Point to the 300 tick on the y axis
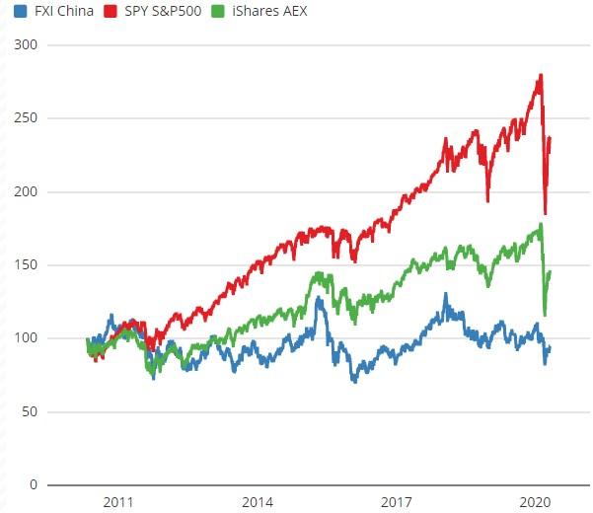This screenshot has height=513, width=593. click(26, 45)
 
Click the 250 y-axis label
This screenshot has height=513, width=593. click(26, 118)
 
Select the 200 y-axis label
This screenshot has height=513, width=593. click(26, 191)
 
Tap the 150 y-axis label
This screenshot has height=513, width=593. click(26, 265)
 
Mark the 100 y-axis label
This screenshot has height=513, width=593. click(26, 338)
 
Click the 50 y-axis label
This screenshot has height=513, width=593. click(30, 411)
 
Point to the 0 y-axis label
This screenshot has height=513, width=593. click(33, 484)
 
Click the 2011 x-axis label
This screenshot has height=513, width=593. click(117, 502)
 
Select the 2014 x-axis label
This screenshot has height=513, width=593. click(258, 502)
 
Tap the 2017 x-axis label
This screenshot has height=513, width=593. click(396, 502)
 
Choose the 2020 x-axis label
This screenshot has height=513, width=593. click(534, 502)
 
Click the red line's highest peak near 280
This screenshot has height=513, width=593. click(541, 75)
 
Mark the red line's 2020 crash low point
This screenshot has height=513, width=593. click(546, 213)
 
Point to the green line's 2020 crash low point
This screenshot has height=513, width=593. click(545, 315)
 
